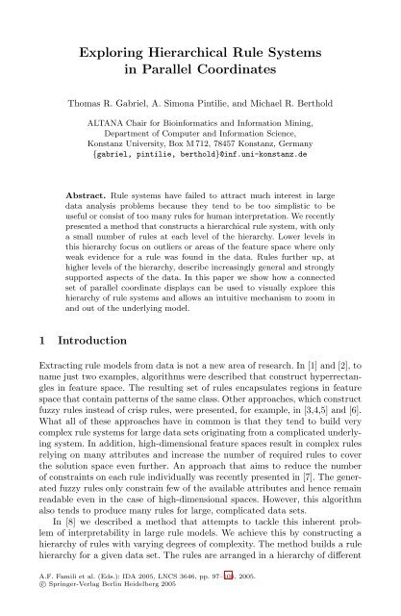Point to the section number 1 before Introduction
coord(37,341)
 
